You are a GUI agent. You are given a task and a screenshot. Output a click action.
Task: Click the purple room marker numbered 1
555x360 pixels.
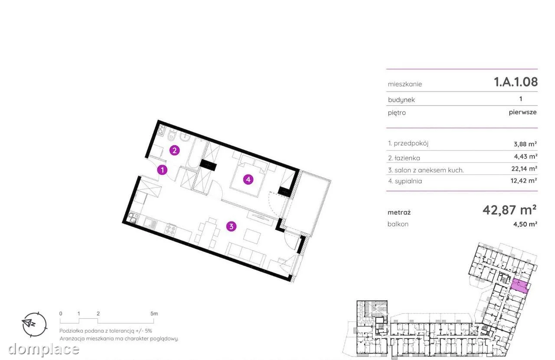162,170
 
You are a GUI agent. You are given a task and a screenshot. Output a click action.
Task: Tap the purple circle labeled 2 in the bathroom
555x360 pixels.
174,151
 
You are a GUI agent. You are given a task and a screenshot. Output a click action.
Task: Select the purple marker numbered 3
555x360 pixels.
231,226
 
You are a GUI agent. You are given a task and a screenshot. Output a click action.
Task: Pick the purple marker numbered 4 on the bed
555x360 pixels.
248,180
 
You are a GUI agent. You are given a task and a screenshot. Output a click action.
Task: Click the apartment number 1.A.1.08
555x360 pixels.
516,82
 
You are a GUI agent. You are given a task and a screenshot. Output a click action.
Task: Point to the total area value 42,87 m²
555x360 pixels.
509,210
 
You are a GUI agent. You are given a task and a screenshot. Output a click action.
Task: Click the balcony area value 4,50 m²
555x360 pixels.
525,224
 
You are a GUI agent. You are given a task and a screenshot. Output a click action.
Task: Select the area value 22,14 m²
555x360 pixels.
524,169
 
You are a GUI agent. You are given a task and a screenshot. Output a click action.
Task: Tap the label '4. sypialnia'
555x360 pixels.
405,181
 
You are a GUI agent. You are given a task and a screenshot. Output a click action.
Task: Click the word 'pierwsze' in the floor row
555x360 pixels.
522,112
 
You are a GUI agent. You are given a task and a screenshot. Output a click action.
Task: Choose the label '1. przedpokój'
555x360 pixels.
408,143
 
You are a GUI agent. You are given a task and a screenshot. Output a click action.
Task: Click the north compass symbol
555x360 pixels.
34,324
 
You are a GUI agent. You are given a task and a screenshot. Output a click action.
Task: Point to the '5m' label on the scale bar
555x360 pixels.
154,314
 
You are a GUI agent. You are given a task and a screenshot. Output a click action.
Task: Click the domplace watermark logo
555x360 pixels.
44,349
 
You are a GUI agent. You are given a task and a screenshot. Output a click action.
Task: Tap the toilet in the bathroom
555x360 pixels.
171,136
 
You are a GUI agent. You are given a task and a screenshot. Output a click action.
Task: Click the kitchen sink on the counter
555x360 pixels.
150,223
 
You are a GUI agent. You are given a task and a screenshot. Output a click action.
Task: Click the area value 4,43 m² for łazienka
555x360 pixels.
525,157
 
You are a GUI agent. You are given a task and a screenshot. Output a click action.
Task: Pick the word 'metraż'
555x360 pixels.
399,212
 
